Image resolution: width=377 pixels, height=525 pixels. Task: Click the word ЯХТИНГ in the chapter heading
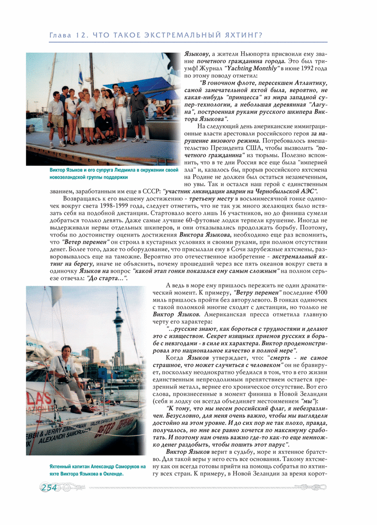pyautogui.click(x=240, y=36)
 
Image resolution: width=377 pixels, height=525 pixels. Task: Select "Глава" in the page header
pyautogui.click(x=61, y=36)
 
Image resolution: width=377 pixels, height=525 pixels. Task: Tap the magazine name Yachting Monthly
pyautogui.click(x=252, y=68)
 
